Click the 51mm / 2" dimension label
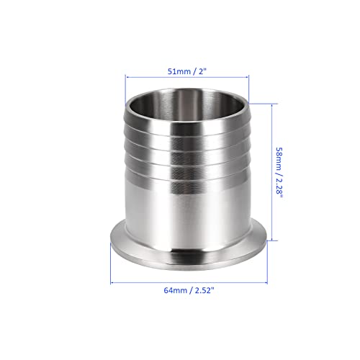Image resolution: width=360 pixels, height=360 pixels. pos(187,71)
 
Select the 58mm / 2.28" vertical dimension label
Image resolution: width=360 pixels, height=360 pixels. pos(279,173)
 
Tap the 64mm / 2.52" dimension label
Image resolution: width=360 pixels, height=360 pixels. pos(189,290)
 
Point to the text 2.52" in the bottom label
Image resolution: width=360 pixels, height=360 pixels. pos(204,290)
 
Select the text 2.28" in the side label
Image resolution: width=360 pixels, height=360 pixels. pos(279,188)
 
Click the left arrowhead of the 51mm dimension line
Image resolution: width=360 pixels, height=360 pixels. pos(127,77)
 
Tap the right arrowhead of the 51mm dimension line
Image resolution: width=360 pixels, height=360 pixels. pos(246,77)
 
